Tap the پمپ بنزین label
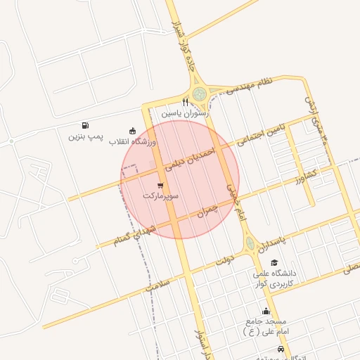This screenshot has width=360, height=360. pos(86,136)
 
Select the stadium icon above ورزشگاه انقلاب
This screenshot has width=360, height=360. pos(132,130)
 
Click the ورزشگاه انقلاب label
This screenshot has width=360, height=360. pos(132,141)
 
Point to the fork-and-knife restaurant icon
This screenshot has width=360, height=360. pos(185,102)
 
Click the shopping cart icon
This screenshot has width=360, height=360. pos(161,186)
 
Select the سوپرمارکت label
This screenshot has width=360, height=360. pos(161,196)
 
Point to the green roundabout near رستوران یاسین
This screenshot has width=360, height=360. pos(199,92)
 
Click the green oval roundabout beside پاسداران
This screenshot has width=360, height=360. pos(250,244)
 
